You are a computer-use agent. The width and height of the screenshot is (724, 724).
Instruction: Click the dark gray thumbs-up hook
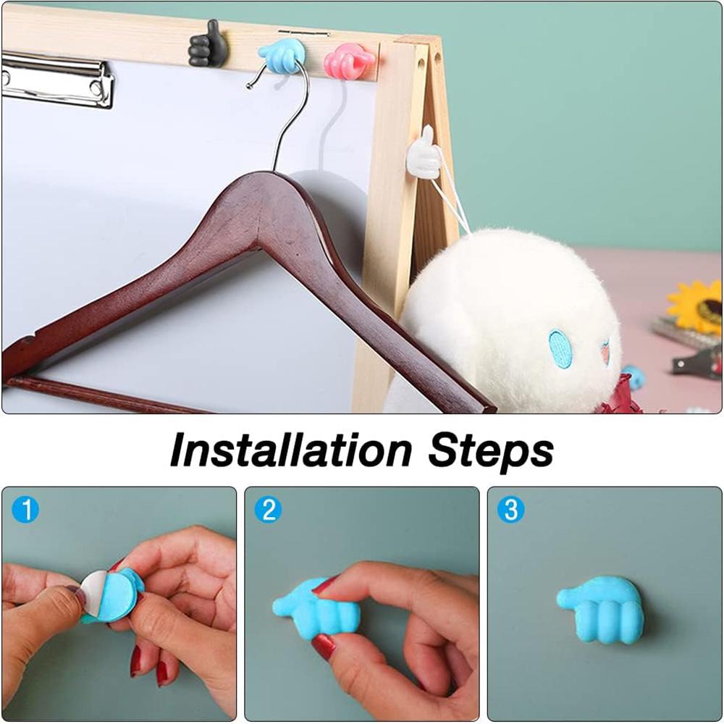click(208, 44)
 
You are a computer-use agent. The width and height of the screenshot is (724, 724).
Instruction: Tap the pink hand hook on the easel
click(349, 61)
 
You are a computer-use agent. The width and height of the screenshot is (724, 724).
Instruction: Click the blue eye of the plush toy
click(560, 348)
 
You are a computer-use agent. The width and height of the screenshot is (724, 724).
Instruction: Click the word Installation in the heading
click(291, 450)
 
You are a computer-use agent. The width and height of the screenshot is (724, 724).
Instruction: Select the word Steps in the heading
click(490, 452)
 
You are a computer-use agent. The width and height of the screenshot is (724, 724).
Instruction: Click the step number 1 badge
click(25, 510)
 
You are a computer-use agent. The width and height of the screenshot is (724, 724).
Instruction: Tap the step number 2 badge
click(269, 510)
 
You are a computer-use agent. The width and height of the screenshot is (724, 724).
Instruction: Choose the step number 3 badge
click(511, 510)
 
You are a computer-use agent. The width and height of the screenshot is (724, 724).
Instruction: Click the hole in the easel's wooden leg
click(421, 63)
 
